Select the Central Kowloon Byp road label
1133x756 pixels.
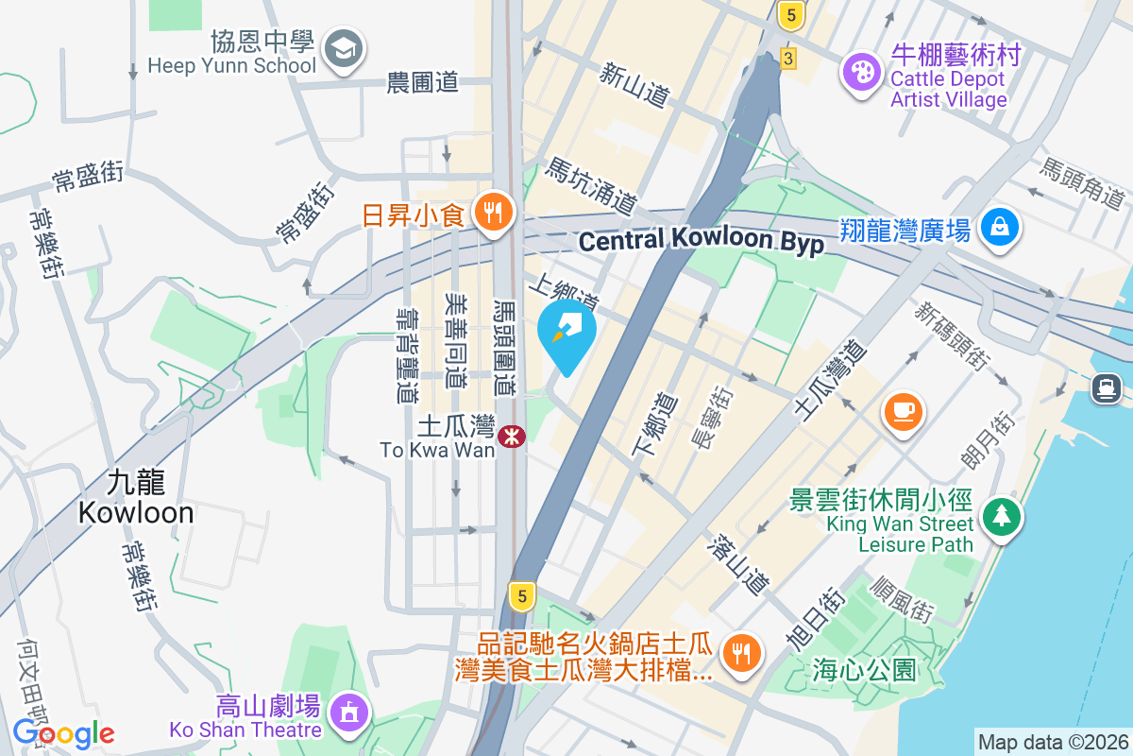pyautogui.click(x=702, y=241)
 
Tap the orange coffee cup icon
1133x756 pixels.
pyautogui.click(x=903, y=411)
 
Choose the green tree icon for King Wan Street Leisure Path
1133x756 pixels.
pyautogui.click(x=1000, y=516)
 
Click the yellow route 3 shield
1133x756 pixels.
pyautogui.click(x=787, y=59)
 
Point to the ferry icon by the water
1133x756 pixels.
pyautogui.click(x=1107, y=387)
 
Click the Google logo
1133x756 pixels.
pyautogui.click(x=63, y=733)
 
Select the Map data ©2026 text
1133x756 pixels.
pyautogui.click(x=1053, y=742)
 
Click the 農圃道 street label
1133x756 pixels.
pyautogui.click(x=422, y=82)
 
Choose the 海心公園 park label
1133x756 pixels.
pyautogui.click(x=864, y=671)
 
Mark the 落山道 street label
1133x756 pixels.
pyautogui.click(x=739, y=564)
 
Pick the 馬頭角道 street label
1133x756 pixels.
pyautogui.click(x=1082, y=182)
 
